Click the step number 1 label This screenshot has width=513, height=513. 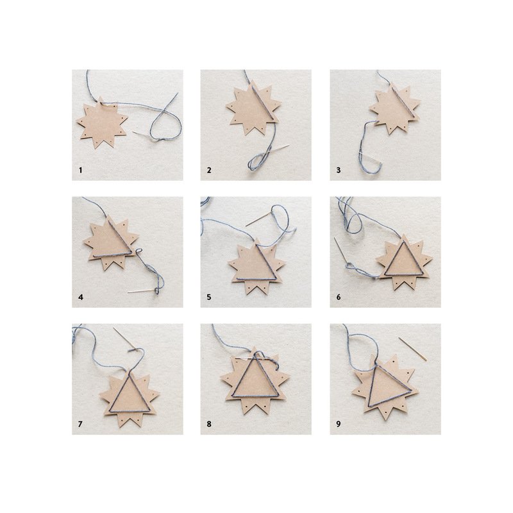[x=81, y=170]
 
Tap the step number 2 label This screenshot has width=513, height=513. [x=209, y=170]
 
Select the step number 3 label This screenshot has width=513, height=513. [x=339, y=170]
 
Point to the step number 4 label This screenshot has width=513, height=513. [x=81, y=297]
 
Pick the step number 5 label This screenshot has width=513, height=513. [x=209, y=297]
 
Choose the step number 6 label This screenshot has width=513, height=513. [x=339, y=297]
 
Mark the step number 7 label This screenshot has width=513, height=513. [x=81, y=424]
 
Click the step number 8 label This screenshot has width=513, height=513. [x=209, y=424]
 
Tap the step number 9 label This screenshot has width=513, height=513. [x=339, y=424]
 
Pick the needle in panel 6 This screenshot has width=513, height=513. [x=341, y=251]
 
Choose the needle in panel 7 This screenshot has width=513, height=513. [x=124, y=339]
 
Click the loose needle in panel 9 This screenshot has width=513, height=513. [x=412, y=349]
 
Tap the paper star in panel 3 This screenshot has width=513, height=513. [x=395, y=110]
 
